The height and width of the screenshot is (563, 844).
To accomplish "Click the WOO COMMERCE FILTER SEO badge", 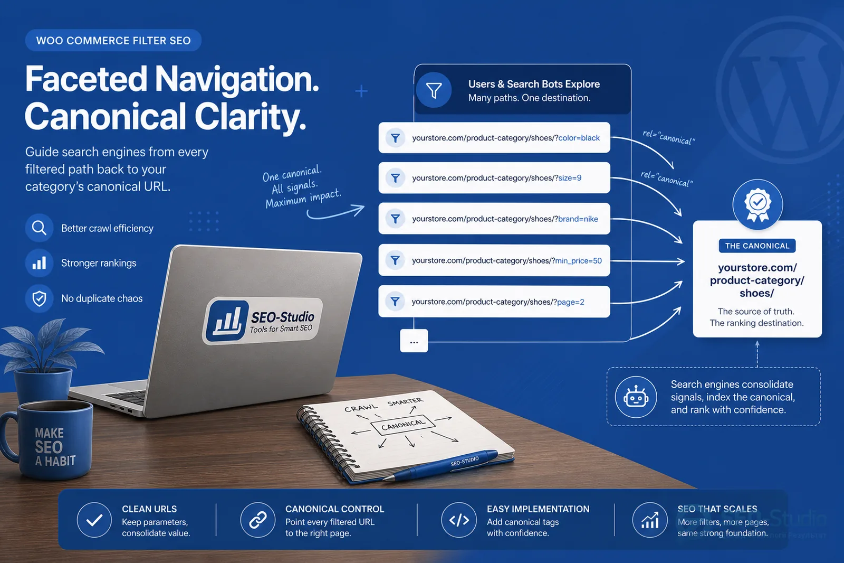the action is (x=113, y=40).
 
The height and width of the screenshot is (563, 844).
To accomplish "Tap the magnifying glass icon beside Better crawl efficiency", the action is (x=39, y=228).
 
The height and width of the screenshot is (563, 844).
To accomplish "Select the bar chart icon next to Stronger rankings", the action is (x=39, y=262).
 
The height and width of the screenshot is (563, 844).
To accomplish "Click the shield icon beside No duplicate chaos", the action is (x=39, y=298).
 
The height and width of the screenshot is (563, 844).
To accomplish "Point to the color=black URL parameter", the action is (x=579, y=138).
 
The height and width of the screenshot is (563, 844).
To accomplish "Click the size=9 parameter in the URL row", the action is (x=570, y=178).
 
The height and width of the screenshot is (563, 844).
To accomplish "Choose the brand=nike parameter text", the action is (x=578, y=219).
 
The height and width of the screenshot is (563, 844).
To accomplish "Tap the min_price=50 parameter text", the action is (x=578, y=261).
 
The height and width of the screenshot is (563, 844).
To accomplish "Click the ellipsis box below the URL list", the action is (x=414, y=341).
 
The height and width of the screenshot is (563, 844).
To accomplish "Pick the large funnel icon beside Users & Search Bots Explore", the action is (x=434, y=90).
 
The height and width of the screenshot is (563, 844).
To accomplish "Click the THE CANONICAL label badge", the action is (x=757, y=246).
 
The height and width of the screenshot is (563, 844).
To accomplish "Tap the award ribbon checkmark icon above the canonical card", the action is (x=757, y=205).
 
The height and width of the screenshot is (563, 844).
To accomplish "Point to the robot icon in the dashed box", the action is (x=636, y=397).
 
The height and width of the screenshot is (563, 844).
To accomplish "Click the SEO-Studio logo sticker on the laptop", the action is (x=263, y=321).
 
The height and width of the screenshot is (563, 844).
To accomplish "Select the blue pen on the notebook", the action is (x=441, y=465).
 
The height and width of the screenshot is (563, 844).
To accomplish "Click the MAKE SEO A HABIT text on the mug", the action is (x=55, y=447).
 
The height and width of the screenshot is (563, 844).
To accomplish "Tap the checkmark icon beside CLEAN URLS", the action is (x=94, y=520).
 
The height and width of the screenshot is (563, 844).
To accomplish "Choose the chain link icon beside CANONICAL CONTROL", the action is (x=258, y=520).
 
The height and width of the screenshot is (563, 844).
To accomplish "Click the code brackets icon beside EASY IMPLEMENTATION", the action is (x=459, y=520).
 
